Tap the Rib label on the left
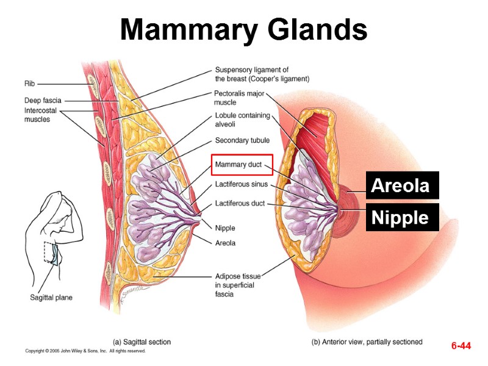coord(30,83)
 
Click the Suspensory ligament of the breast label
coord(262,74)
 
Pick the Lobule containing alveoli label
coord(242,120)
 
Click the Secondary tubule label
coord(242,140)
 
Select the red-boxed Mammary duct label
coord(239,165)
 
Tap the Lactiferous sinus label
coord(241,184)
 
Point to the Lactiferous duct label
coord(240,203)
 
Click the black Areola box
coord(402,185)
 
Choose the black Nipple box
coord(402,218)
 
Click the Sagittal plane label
coord(51,298)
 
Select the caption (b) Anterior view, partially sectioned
coord(367,342)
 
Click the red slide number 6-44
coord(461,346)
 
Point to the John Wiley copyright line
coord(85,351)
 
